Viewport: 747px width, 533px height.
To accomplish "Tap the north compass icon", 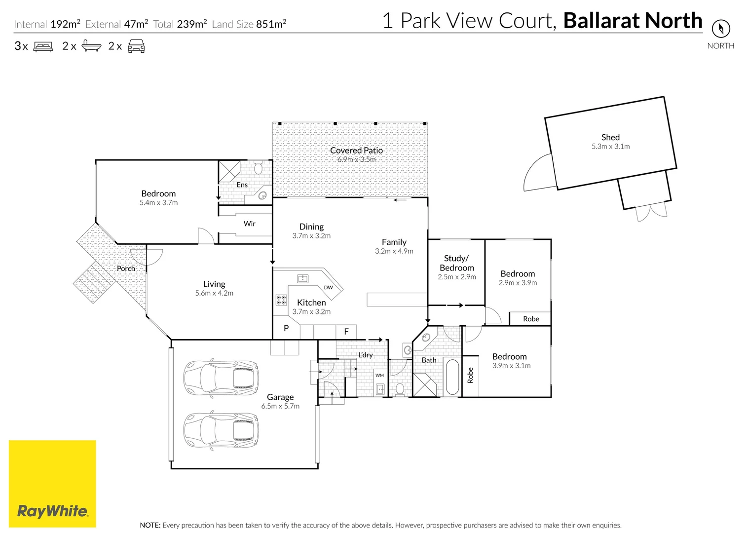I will pyautogui.click(x=721, y=28).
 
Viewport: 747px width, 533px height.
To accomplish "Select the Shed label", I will pyautogui.click(x=610, y=137).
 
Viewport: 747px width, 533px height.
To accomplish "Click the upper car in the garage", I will pyautogui.click(x=221, y=379).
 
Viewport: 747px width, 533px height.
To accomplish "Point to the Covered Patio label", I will pyautogui.click(x=356, y=151).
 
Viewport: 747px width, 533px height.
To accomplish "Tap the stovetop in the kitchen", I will pyautogui.click(x=281, y=300).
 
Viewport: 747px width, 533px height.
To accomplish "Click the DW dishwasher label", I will pyautogui.click(x=328, y=287).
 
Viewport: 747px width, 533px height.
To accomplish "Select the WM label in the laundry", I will pyautogui.click(x=379, y=376).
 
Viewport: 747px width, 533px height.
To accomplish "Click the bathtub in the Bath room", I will pyautogui.click(x=452, y=377).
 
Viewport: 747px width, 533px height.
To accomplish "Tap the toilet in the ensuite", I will pyautogui.click(x=258, y=168).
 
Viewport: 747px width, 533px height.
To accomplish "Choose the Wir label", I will pyautogui.click(x=249, y=224).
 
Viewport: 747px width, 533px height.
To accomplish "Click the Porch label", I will pyautogui.click(x=126, y=268).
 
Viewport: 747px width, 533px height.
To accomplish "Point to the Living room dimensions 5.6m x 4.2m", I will pyautogui.click(x=214, y=293).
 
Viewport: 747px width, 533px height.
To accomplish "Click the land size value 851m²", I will pyautogui.click(x=271, y=24).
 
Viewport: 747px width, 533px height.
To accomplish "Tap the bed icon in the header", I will pyautogui.click(x=43, y=46).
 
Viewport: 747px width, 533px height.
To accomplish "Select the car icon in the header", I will pyautogui.click(x=136, y=46).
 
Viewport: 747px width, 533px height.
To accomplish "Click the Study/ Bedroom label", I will pyautogui.click(x=456, y=263).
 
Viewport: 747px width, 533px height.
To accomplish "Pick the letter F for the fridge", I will pyautogui.click(x=346, y=332).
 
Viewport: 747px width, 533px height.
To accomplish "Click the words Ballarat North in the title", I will pyautogui.click(x=633, y=21).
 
